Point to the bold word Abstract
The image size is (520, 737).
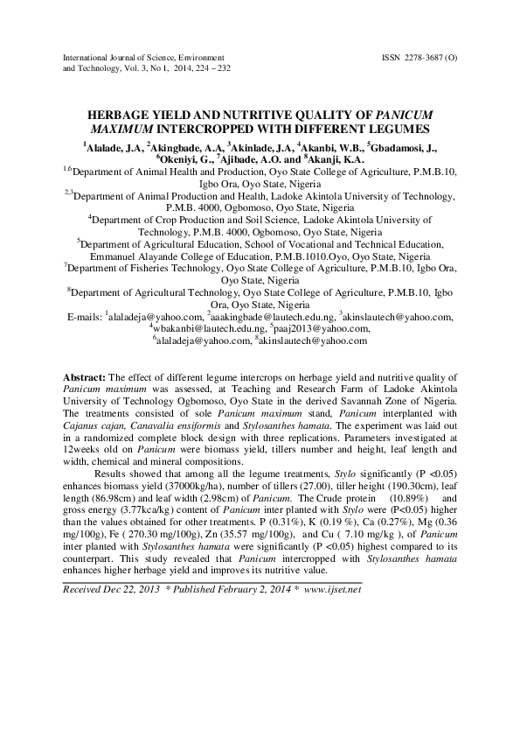click(84, 371)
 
